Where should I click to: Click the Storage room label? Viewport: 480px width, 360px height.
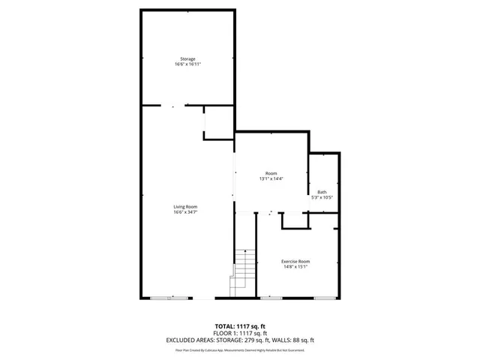tap(187, 58)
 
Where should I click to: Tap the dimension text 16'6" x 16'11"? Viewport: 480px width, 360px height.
tap(187, 64)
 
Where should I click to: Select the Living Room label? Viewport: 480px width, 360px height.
tap(186, 206)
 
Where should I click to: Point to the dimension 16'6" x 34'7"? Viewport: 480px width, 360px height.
tap(186, 212)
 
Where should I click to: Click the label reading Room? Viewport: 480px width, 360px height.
tap(270, 173)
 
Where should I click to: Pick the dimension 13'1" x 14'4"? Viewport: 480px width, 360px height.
tap(270, 179)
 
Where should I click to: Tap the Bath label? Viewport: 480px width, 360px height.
tap(322, 192)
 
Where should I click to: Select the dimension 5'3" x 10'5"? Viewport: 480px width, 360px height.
tap(322, 198)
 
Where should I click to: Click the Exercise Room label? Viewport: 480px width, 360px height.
tap(295, 261)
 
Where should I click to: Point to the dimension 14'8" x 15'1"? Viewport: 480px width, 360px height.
tap(295, 267)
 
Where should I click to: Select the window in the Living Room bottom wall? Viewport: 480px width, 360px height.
tap(166, 298)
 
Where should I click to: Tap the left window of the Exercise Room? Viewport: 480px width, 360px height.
tap(271, 298)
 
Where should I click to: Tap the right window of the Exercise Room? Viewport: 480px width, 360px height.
tap(324, 298)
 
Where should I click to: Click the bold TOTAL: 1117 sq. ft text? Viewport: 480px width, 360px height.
tap(240, 326)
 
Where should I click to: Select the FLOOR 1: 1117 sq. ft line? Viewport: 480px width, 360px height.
tap(240, 333)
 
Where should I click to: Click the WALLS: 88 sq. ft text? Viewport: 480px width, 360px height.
tap(296, 340)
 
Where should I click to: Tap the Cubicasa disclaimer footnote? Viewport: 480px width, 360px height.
tap(240, 349)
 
